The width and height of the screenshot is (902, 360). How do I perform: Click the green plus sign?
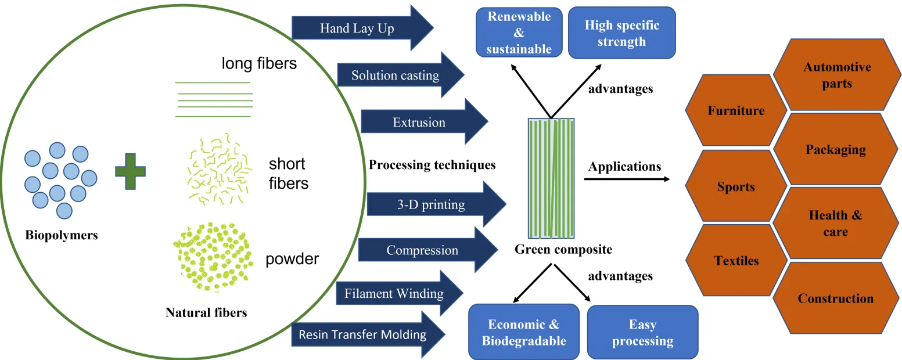(130, 171)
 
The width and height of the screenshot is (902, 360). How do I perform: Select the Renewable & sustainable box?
(519, 33)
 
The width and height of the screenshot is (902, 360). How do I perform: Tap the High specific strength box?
(621, 33)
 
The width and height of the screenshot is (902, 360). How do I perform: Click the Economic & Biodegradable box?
(524, 332)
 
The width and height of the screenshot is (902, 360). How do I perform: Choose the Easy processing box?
(642, 332)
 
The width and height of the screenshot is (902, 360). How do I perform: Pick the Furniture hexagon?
(736, 110)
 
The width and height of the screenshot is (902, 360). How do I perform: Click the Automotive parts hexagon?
(837, 75)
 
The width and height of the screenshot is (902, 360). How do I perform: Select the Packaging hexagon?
(835, 149)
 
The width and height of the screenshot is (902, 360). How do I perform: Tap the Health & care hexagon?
(835, 224)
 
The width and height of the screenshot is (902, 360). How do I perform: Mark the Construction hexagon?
(835, 298)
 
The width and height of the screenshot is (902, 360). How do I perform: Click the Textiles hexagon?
(736, 261)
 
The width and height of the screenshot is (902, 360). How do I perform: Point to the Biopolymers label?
(62, 235)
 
